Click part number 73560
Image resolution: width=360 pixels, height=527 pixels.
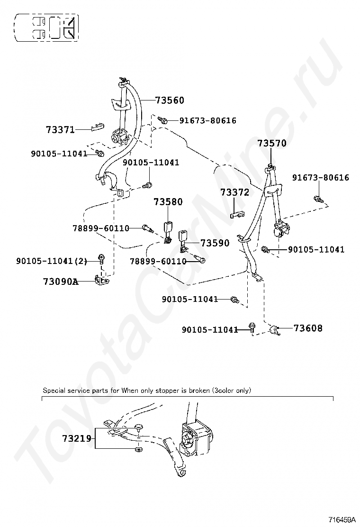(x=170, y=100)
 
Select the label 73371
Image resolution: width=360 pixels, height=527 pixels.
(x=60, y=129)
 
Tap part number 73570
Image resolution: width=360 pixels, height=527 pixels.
(x=272, y=143)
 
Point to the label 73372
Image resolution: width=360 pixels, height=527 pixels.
(x=234, y=192)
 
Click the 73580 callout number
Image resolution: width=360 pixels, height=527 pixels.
(x=168, y=202)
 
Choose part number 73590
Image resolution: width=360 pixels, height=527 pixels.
(x=215, y=243)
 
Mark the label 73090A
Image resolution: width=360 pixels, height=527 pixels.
(x=60, y=282)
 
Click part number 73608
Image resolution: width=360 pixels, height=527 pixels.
(x=308, y=328)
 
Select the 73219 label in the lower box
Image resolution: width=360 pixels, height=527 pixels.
(x=76, y=438)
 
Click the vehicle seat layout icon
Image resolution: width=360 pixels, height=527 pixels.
(x=46, y=27)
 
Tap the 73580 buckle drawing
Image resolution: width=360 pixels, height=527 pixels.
(x=168, y=229)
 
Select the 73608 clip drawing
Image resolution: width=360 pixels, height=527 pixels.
(x=274, y=330)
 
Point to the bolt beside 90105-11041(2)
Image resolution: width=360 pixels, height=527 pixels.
(x=101, y=258)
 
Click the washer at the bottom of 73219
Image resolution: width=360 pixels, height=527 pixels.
(x=138, y=448)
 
